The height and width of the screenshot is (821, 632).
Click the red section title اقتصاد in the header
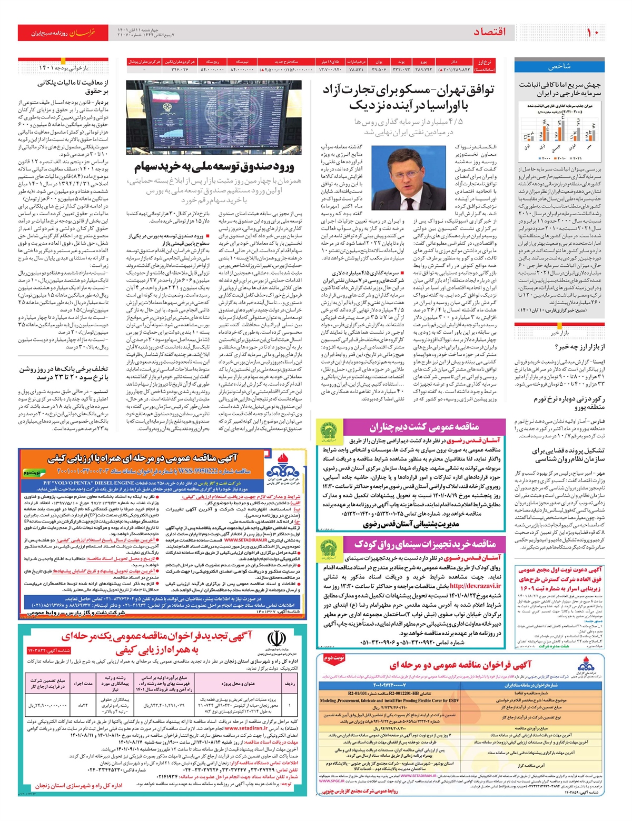[x=489, y=32]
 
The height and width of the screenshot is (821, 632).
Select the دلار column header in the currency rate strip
[x=454, y=62]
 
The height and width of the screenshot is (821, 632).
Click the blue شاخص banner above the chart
[x=559, y=67]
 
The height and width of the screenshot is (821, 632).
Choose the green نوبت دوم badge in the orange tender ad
[x=31, y=473]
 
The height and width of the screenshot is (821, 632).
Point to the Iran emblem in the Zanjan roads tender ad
[x=275, y=641]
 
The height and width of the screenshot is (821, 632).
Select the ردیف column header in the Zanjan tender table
[x=290, y=684]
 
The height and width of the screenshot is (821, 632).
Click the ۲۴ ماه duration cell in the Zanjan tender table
[x=83, y=705]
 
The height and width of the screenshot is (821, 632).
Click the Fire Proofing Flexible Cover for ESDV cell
[x=389, y=700]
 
